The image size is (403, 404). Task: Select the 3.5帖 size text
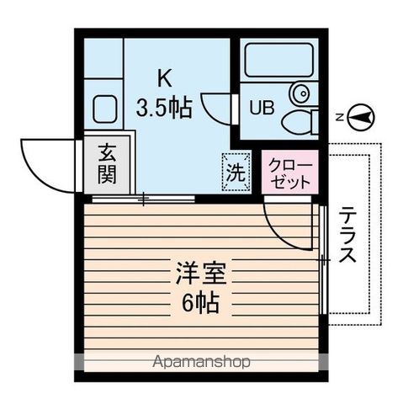click(164, 108)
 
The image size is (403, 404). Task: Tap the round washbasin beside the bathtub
click(300, 92)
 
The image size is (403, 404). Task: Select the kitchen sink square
click(105, 108)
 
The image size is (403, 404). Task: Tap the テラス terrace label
click(348, 237)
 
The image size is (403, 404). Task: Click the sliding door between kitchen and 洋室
click(143, 199)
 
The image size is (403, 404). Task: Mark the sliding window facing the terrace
click(324, 261)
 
